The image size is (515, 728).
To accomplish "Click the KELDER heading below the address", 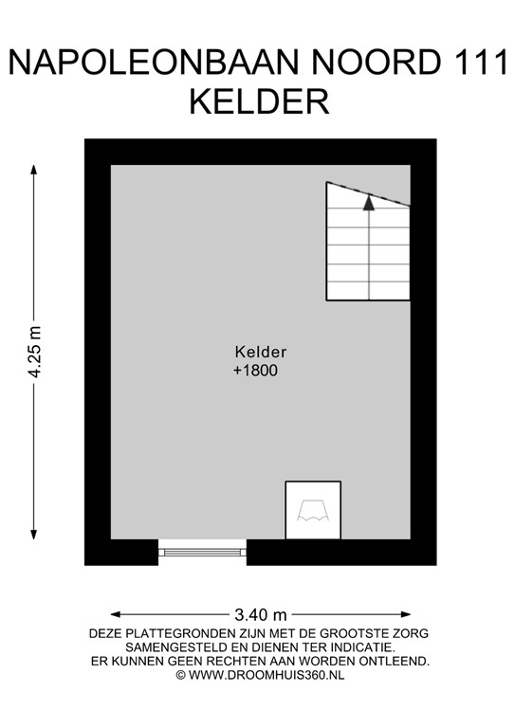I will coord(258,101).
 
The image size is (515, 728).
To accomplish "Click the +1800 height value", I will coord(255,372).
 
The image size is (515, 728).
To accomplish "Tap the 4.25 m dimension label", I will coord(35,352).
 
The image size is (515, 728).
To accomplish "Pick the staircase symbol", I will coord(368,242).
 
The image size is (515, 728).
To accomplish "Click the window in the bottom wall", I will coord(201,550).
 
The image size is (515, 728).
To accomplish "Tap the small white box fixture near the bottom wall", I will coord(313,510).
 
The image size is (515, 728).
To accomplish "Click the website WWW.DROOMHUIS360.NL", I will coord(266,674).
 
